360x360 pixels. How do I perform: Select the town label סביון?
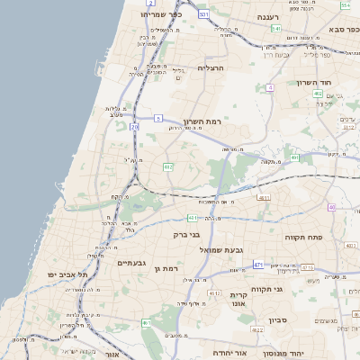tap(275, 319)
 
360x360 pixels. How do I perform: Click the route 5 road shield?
tap(157, 118)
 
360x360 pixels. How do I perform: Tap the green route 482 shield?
tap(167, 166)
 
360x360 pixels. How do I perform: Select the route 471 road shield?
tap(259, 265)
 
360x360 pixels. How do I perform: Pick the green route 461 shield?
tap(145, 322)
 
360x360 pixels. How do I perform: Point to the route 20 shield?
tap(134, 128)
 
